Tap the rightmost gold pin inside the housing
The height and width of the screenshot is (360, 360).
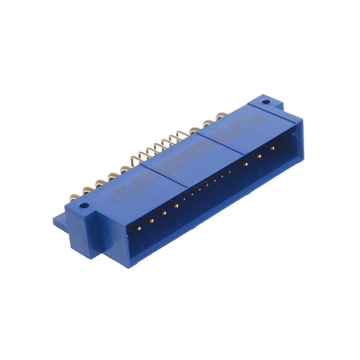tap(272, 148)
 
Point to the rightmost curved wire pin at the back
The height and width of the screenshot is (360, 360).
tap(181, 135)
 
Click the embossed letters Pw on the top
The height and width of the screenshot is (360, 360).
tap(120, 191)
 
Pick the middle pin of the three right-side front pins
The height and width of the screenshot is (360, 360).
tap(259, 155)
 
